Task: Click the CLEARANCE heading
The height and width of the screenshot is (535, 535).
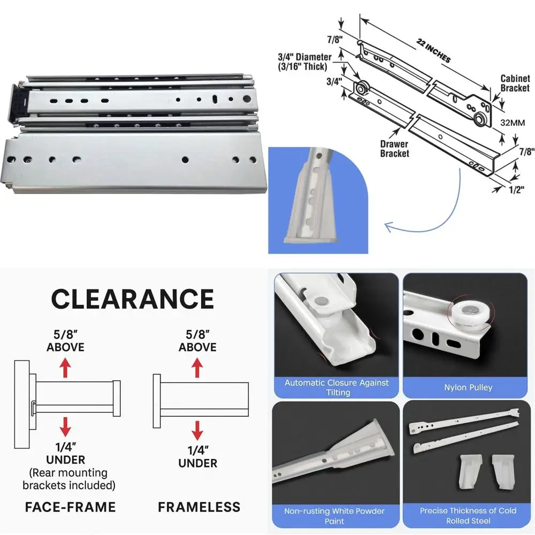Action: click(x=132, y=299)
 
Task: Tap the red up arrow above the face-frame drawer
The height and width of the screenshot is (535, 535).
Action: click(x=65, y=368)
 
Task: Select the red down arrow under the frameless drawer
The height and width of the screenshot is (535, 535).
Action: click(x=197, y=429)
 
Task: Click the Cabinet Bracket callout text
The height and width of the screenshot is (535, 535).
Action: click(x=515, y=83)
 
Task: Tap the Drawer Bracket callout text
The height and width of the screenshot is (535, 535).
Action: click(x=394, y=149)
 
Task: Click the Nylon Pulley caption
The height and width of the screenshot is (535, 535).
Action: click(x=468, y=387)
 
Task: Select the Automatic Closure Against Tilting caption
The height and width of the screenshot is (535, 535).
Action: click(x=337, y=388)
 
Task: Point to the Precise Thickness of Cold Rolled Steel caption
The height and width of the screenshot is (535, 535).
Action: click(x=468, y=515)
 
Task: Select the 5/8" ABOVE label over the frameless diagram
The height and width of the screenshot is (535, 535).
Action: click(x=197, y=340)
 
